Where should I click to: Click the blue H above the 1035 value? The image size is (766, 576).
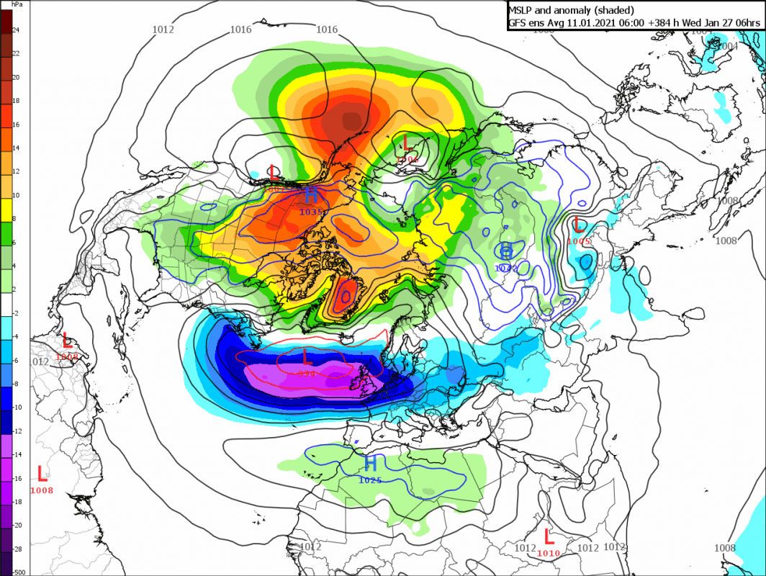[311, 195]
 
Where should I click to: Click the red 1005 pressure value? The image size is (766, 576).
[579, 241]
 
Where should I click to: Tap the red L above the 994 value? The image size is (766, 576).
[306, 356]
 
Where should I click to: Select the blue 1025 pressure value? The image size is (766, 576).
[370, 480]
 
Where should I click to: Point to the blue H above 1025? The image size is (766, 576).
[370, 463]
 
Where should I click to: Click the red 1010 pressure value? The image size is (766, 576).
[549, 553]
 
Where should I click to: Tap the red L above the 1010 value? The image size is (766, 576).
[549, 536]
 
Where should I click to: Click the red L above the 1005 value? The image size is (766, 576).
[579, 224]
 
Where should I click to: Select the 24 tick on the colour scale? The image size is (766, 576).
[15, 30]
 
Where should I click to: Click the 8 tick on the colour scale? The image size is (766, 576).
[14, 218]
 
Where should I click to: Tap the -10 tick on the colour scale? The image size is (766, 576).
[17, 407]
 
